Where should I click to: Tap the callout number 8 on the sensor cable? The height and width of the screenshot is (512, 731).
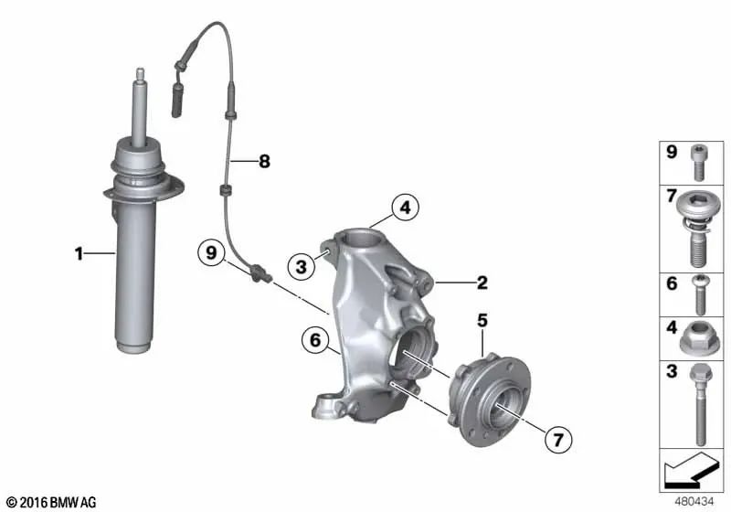(264, 162)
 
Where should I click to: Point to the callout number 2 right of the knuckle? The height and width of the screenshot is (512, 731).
(482, 283)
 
